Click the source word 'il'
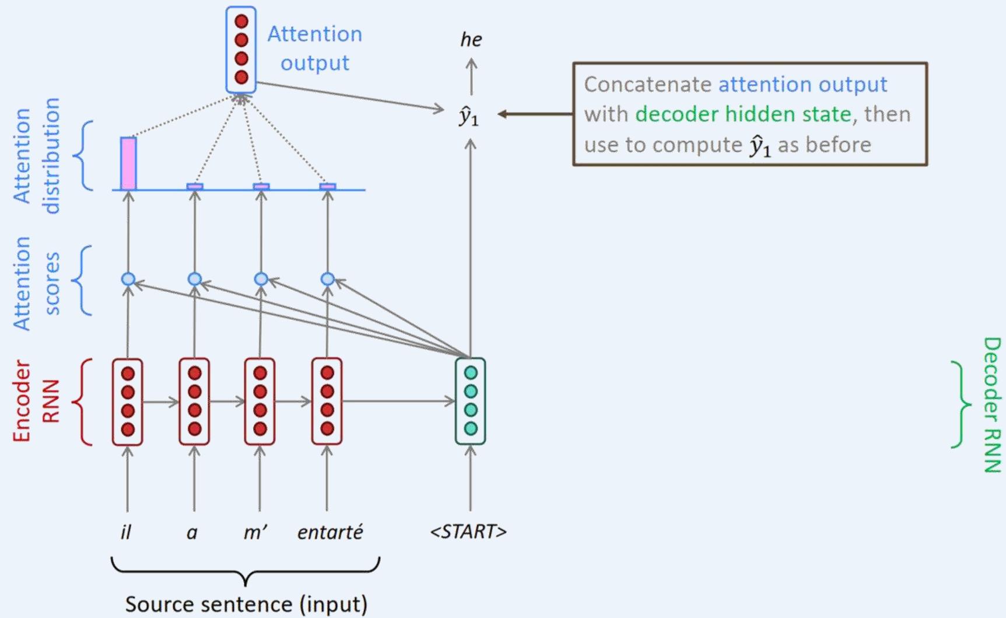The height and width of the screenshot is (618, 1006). tap(126, 532)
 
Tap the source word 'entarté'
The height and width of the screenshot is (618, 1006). tap(330, 532)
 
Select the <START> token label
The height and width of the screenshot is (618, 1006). tap(468, 532)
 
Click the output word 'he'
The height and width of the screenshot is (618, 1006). tap(471, 40)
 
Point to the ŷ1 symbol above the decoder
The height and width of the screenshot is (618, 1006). tap(469, 116)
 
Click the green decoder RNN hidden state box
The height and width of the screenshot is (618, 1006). tap(471, 401)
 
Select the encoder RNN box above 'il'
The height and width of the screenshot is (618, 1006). tap(128, 401)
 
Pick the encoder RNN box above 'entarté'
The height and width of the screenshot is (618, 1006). tap(327, 401)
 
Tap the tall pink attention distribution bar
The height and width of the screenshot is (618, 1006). tap(128, 163)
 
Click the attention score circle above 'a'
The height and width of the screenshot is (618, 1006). tap(195, 280)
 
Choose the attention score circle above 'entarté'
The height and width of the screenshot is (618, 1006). tap(328, 280)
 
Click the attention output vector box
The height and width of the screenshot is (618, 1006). tap(241, 50)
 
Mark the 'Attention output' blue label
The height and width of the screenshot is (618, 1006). tap(315, 48)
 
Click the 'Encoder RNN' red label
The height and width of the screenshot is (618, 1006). tap(36, 401)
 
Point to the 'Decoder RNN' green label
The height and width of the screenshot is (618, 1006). tap(991, 404)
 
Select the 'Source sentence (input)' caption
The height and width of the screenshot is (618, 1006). tap(246, 604)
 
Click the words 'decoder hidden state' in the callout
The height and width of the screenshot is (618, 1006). tap(743, 114)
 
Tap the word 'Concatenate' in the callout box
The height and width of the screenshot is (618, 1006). tap(647, 84)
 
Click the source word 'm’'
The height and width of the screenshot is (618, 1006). tap(255, 532)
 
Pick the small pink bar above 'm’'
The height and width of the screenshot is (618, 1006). tap(261, 186)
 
